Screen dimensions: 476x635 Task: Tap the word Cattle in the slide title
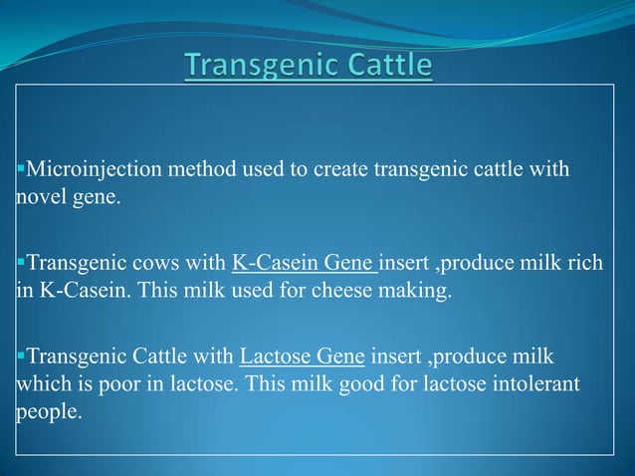pyautogui.click(x=387, y=67)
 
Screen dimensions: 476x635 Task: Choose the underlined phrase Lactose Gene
pyautogui.click(x=304, y=356)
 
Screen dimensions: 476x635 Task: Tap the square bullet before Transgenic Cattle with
pyautogui.click(x=19, y=355)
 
